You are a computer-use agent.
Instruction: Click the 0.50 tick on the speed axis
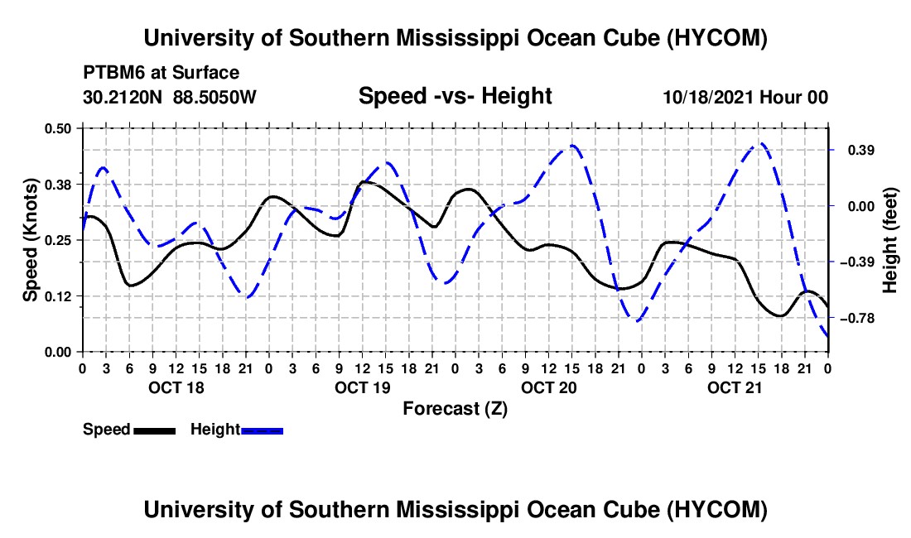57,128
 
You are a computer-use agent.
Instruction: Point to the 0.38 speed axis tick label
57,185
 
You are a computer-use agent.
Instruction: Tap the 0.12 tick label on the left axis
57,296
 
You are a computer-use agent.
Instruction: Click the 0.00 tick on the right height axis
861,207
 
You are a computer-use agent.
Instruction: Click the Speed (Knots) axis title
30,240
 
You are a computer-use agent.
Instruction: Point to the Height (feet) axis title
889,240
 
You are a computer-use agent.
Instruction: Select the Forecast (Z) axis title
455,409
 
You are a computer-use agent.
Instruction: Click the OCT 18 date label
176,387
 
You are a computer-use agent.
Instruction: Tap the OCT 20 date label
548,387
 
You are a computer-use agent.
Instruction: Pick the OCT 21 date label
735,387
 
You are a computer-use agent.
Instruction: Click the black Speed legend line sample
155,430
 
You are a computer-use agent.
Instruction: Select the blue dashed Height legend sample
262,430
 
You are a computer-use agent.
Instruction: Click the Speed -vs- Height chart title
455,96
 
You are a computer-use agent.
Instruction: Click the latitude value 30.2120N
123,97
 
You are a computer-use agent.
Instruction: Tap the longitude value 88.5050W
214,97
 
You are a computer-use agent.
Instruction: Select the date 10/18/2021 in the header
708,97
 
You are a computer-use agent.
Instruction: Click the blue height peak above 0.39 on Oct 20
572,146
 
